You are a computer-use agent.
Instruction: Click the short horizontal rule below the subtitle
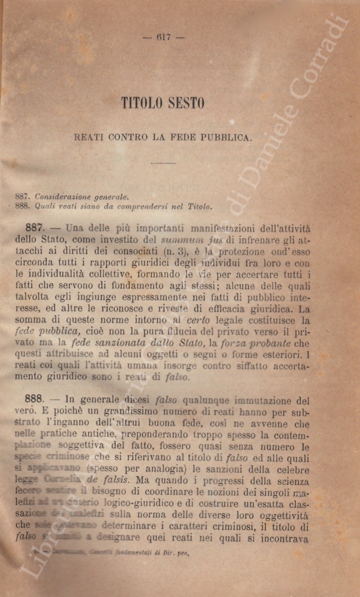(x=163, y=164)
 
